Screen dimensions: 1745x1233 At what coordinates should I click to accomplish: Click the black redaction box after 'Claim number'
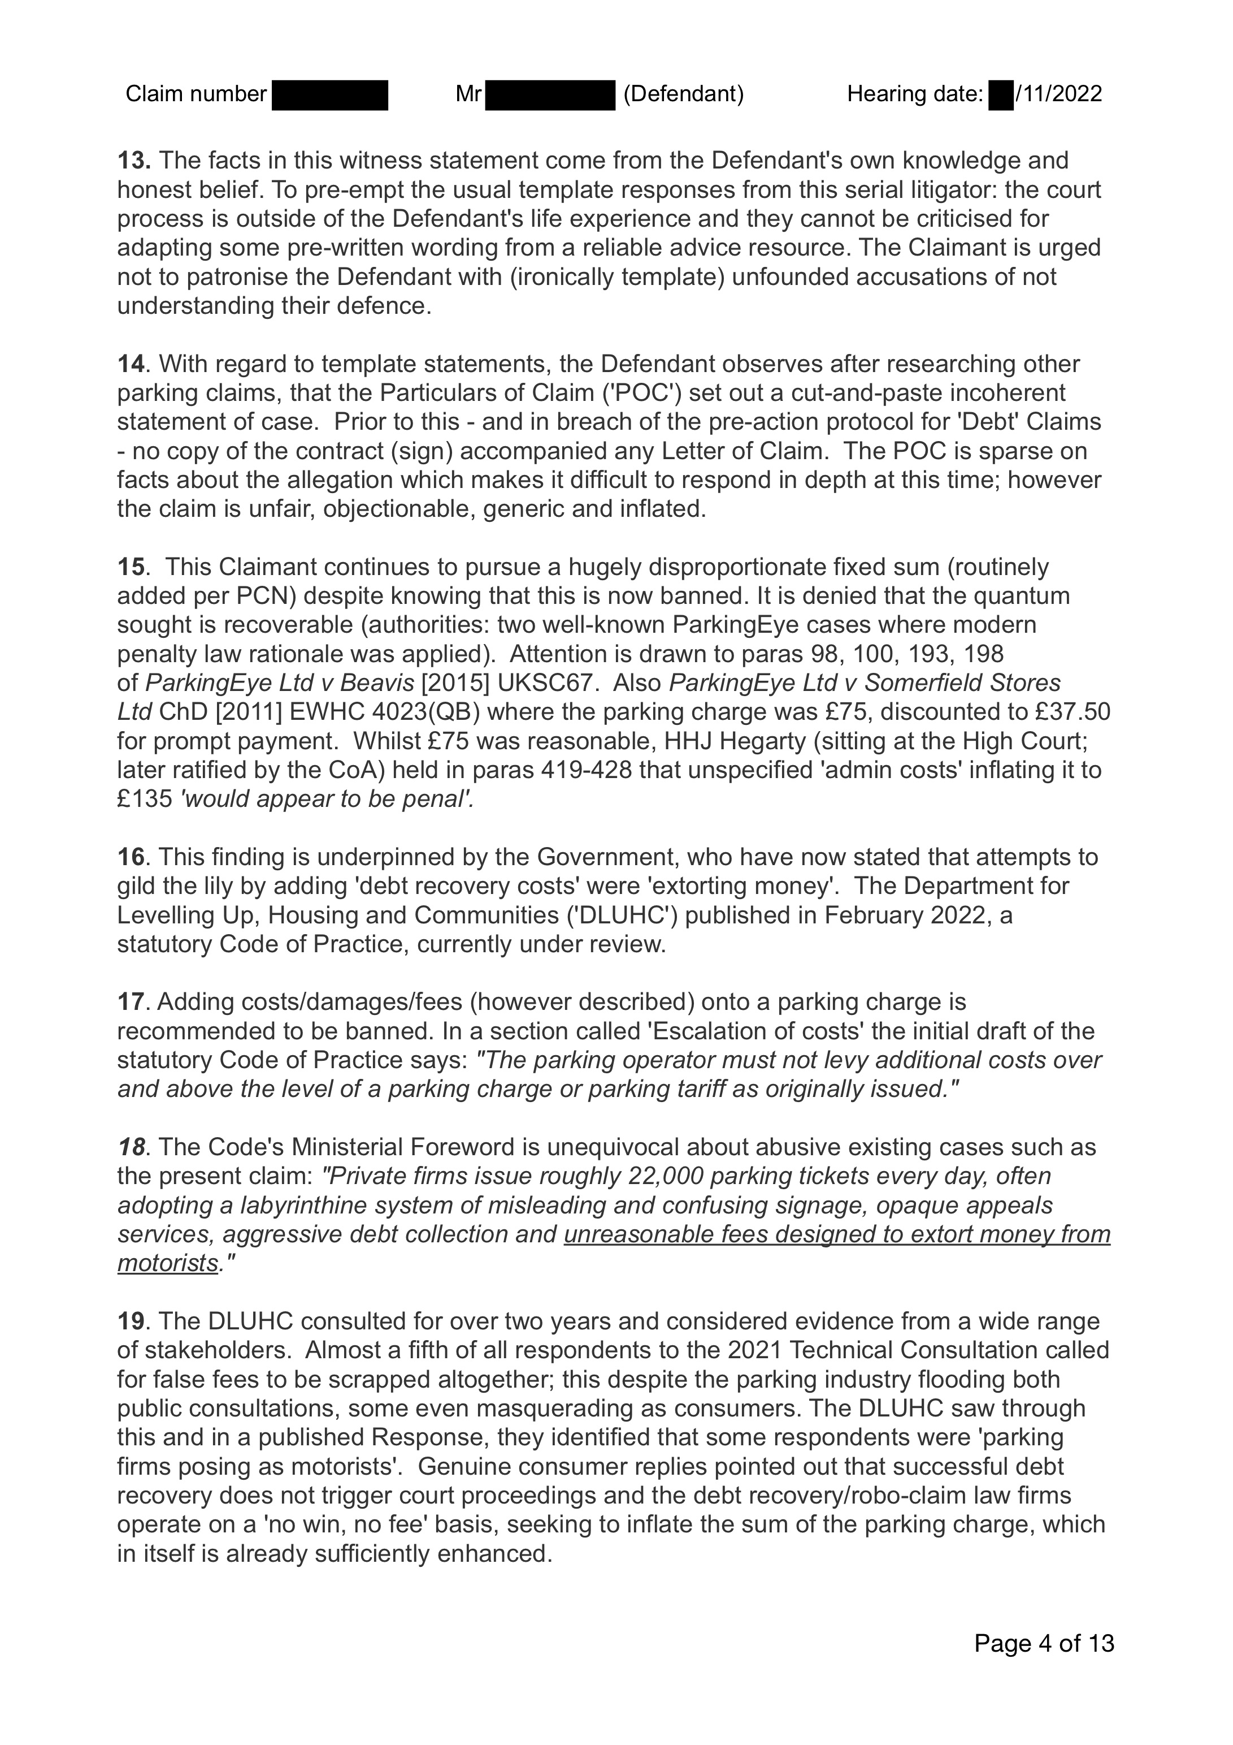pos(329,95)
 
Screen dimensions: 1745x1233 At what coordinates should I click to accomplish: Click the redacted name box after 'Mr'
pos(549,95)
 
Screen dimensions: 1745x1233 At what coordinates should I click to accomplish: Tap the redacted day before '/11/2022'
pos(1001,95)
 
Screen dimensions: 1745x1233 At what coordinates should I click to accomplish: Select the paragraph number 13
pos(133,161)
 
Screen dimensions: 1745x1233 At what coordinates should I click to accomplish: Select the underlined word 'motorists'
pos(168,1263)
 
